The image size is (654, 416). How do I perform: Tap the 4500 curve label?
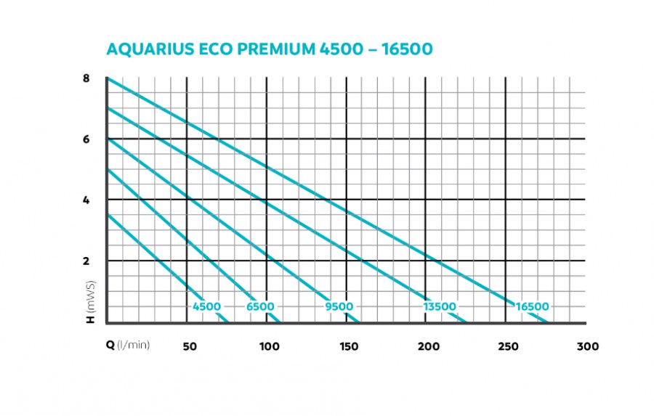coord(206,307)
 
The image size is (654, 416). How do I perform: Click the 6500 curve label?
coord(260,307)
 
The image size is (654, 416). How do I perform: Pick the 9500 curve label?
coord(339,307)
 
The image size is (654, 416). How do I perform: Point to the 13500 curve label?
coord(440,307)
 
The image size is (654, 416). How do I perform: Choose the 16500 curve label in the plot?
coord(533,307)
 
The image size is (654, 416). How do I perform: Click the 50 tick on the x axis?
coord(189,346)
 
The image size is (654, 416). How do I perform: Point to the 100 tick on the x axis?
coord(269,346)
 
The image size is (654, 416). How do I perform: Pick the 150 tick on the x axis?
coord(349,346)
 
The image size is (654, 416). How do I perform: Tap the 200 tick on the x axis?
coord(429,346)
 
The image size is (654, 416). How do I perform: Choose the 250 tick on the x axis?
coord(509,346)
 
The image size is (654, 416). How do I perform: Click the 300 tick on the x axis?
coord(588,346)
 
